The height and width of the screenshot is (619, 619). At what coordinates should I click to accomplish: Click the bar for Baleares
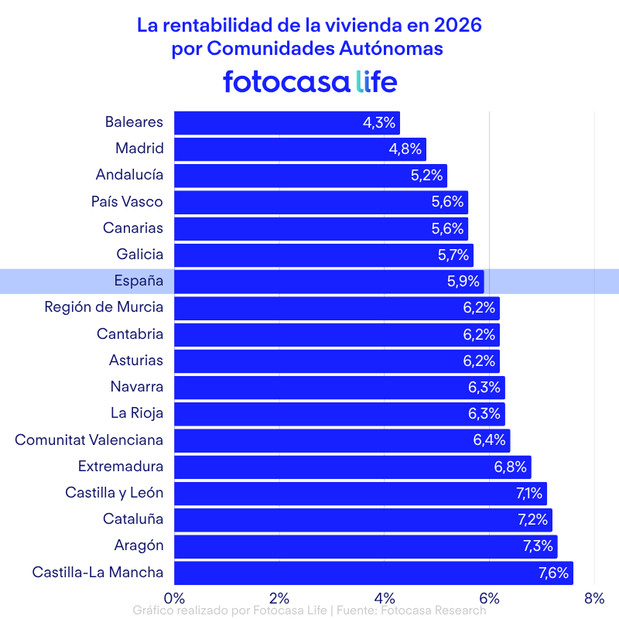coord(286,123)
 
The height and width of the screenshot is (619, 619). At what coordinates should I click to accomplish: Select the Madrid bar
coord(299,149)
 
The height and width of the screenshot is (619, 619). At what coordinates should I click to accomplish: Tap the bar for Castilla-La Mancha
coord(373,573)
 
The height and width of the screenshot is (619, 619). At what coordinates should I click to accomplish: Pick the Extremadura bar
coord(352,467)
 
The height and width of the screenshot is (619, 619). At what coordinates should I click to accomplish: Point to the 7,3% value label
coord(538,546)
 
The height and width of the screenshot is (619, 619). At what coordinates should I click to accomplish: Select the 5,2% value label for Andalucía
coord(426,176)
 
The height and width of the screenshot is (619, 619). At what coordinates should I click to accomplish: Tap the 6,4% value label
coord(489,440)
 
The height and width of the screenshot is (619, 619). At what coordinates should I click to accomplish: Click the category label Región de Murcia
coord(104,307)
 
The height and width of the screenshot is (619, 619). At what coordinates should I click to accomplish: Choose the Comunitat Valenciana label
coord(89,440)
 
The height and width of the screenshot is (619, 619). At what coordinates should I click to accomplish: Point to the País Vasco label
coord(127,202)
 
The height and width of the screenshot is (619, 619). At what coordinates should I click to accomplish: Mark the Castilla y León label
coord(114,493)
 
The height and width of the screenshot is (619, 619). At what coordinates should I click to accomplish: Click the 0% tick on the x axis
coord(174,597)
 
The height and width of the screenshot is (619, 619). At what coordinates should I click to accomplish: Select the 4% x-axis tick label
coord(384,597)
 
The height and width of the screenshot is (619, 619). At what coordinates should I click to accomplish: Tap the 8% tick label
coord(593,597)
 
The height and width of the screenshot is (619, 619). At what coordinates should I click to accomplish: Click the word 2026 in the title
coord(457,25)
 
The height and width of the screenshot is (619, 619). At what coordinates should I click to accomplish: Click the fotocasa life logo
coord(309,81)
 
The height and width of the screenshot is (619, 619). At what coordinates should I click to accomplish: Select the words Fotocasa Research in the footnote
coord(433,610)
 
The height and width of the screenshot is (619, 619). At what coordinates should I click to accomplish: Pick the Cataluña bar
coord(363,520)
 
